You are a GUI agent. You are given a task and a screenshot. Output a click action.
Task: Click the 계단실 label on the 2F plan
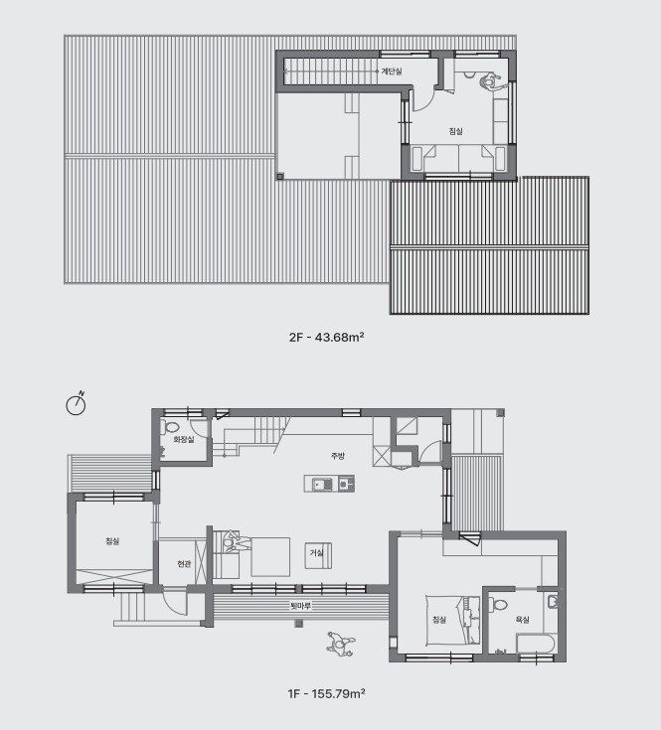(392, 72)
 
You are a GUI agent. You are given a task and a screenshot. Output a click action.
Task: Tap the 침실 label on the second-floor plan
(455, 131)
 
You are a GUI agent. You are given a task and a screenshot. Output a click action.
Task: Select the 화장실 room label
(184, 439)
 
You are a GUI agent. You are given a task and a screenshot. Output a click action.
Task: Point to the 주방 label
(338, 456)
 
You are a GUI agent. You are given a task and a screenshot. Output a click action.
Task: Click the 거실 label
(316, 552)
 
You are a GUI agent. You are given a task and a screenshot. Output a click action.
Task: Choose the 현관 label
(184, 564)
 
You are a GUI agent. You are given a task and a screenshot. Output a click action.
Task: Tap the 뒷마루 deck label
(300, 606)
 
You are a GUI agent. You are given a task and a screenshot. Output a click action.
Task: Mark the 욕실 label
(522, 620)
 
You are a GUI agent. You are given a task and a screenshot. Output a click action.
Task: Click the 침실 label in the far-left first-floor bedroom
(112, 541)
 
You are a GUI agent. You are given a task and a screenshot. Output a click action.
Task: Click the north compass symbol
(76, 404)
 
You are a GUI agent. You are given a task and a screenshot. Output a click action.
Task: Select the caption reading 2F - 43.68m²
(326, 337)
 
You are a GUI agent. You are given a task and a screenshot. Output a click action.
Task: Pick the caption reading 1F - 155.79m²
(326, 693)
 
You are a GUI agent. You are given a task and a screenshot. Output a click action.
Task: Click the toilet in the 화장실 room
(170, 427)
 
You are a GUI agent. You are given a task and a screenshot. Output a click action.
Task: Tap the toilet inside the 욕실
(498, 604)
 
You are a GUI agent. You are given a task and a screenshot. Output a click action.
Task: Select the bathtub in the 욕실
(536, 644)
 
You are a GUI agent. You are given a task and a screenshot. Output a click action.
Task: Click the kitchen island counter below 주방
(329, 484)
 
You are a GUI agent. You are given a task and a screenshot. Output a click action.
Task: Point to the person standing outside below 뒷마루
(341, 645)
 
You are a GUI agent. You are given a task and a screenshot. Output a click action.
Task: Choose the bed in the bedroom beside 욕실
(453, 620)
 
